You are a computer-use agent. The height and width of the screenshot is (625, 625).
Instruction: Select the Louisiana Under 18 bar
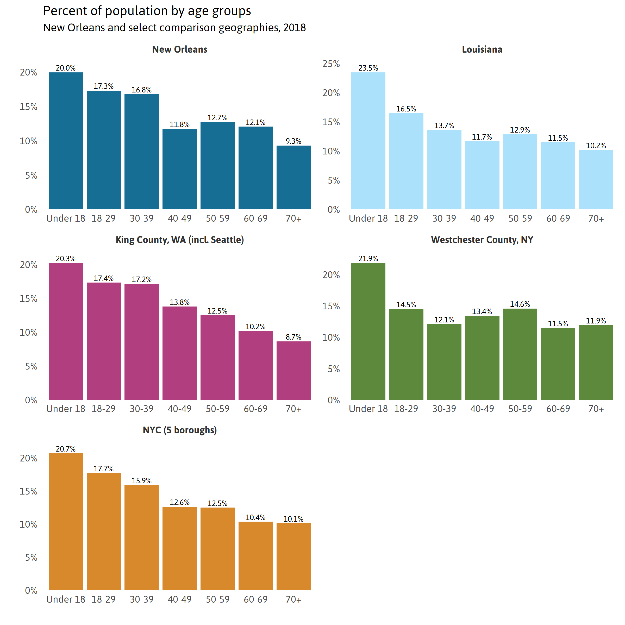pyautogui.click(x=368, y=141)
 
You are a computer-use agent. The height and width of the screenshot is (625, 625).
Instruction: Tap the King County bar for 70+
pyautogui.click(x=293, y=370)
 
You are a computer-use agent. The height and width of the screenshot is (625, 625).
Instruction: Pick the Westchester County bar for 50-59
pyautogui.click(x=520, y=354)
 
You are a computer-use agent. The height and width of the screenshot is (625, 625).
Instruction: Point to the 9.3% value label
pyautogui.click(x=293, y=141)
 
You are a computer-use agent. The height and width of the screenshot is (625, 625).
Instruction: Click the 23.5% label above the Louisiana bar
pyautogui.click(x=368, y=68)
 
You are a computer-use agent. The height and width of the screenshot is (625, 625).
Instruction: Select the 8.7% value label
pyautogui.click(x=293, y=337)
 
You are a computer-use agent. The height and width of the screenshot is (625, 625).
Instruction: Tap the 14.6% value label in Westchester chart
pyautogui.click(x=520, y=304)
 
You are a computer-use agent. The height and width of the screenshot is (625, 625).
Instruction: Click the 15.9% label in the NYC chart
pyautogui.click(x=141, y=481)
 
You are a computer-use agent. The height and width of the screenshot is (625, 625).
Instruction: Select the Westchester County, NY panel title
pyautogui.click(x=482, y=240)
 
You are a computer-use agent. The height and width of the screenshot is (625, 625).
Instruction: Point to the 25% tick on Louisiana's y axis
pyautogui.click(x=331, y=64)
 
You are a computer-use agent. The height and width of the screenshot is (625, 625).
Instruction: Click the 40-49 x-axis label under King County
pyautogui.click(x=179, y=409)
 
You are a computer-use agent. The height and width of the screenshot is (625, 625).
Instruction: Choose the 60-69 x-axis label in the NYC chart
pyautogui.click(x=255, y=599)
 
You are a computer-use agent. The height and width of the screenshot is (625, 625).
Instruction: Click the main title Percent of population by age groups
pyautogui.click(x=147, y=11)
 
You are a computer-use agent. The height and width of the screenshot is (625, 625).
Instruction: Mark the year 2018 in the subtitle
pyautogui.click(x=294, y=28)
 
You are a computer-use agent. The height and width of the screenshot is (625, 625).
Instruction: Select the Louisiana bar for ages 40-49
pyautogui.click(x=482, y=175)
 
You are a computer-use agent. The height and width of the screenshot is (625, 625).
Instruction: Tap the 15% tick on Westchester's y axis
pyautogui.click(x=331, y=306)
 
